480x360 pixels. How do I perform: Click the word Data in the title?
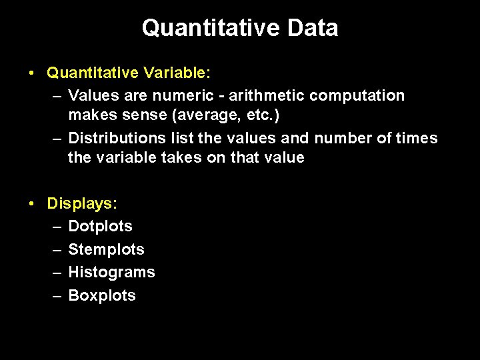(312, 28)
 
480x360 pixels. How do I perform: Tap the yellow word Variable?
(173, 72)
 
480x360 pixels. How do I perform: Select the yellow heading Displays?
(82, 203)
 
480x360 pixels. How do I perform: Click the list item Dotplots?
(101, 226)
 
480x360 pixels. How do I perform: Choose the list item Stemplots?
(107, 249)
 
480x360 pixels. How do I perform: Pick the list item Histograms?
(111, 272)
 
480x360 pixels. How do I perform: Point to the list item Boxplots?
(102, 295)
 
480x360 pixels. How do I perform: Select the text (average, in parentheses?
(199, 115)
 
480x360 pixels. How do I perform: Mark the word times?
(418, 138)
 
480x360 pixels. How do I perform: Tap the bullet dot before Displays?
(33, 203)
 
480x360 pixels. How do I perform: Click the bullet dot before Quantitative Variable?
(33, 72)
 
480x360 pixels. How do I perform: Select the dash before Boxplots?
(57, 295)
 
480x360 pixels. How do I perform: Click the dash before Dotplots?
(57, 226)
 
